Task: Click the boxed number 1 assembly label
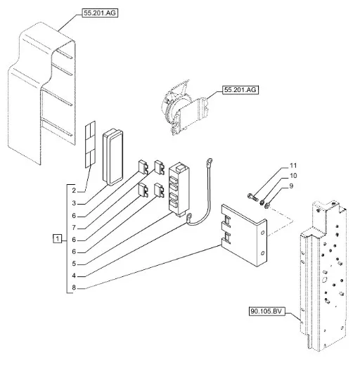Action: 57,238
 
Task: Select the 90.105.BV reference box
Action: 266,311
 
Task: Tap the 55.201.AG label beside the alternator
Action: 240,90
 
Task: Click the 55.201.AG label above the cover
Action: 100,13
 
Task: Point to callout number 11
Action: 293,165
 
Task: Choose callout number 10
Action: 293,176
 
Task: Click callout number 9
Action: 291,186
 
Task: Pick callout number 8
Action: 74,288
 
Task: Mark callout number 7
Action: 74,228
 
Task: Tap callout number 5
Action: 74,264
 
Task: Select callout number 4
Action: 74,276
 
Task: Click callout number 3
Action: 74,203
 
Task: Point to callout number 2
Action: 74,191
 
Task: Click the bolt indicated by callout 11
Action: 253,198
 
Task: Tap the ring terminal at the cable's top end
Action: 210,162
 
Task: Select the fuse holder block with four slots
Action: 179,189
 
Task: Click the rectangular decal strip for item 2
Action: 90,144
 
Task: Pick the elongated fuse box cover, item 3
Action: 112,157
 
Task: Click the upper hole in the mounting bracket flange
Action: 262,233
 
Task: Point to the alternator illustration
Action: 184,108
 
